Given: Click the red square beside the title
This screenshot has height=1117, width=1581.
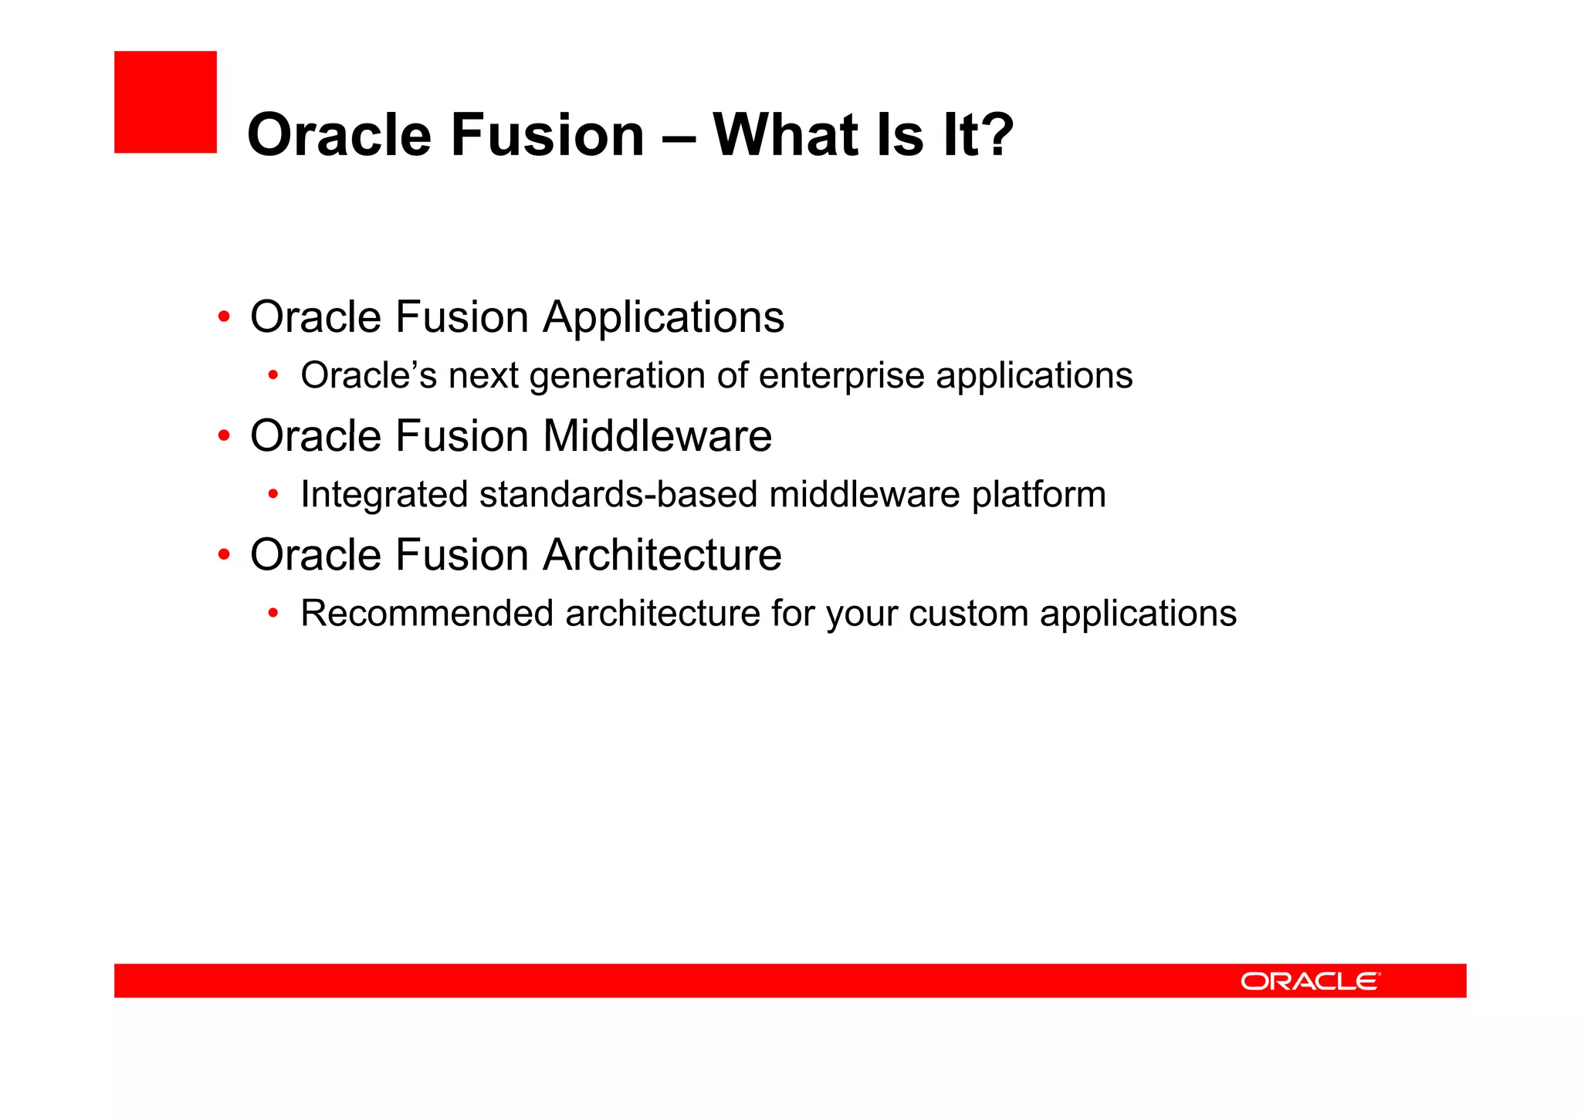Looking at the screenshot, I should [x=165, y=102].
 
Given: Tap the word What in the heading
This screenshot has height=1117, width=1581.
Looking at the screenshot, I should [x=783, y=134].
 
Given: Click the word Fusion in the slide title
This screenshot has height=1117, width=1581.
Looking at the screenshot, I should [x=547, y=134].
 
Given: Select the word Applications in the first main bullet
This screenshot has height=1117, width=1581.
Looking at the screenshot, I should [x=663, y=317].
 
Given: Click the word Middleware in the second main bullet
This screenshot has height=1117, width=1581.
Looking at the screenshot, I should [x=657, y=436].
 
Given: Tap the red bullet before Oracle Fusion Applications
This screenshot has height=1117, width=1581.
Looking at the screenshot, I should [x=224, y=317].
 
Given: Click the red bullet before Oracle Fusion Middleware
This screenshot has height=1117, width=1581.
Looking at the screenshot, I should [x=224, y=436].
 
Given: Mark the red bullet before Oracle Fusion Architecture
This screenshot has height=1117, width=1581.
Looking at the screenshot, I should [x=224, y=555].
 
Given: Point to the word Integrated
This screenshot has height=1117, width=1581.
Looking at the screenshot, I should [x=384, y=495].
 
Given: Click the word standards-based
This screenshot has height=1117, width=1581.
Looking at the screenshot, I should [x=618, y=495].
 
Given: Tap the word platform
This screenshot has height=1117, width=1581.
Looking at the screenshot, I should [x=1038, y=495].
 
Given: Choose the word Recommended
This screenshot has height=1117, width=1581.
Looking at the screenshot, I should [x=427, y=614].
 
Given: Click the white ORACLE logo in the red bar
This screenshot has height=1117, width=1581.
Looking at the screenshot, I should [x=1310, y=981].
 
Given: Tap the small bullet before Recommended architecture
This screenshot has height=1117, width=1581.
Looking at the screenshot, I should [x=273, y=614].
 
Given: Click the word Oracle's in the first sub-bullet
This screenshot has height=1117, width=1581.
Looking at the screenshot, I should [x=368, y=376].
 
